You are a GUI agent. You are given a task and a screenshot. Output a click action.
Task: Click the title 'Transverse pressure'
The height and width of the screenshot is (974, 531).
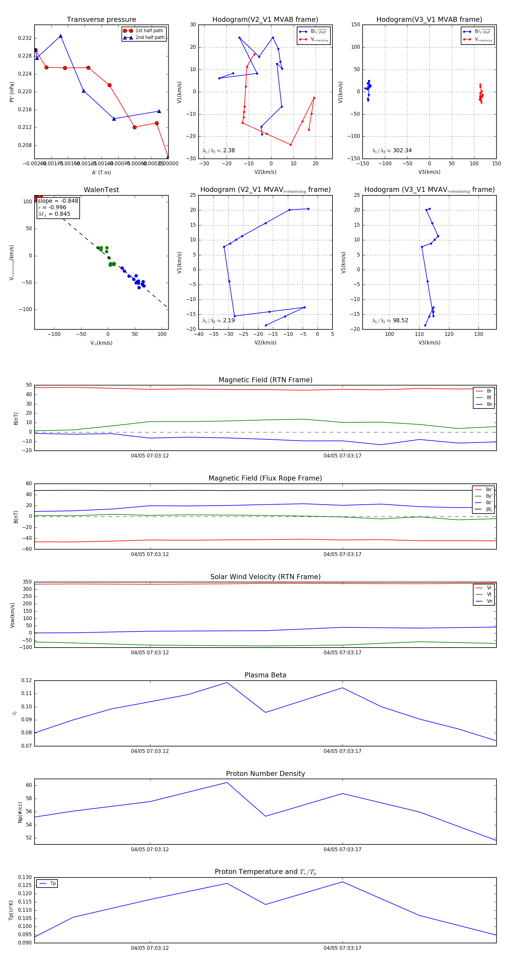click(101, 20)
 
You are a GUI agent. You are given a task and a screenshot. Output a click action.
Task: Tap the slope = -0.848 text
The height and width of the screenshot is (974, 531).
click(58, 201)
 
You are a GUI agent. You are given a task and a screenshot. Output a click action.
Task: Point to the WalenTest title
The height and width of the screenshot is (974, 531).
click(101, 190)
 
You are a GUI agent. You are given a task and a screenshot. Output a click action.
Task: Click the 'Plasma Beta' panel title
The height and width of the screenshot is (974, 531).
click(265, 675)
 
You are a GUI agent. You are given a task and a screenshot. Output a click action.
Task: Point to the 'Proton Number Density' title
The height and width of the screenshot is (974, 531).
click(265, 774)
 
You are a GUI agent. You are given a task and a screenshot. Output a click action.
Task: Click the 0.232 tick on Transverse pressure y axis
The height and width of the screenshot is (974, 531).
click(25, 38)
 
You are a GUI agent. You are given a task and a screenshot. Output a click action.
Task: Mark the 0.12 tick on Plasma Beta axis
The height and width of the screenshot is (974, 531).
click(27, 681)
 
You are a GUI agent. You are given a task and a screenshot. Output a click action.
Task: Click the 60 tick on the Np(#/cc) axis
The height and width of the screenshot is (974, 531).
click(29, 785)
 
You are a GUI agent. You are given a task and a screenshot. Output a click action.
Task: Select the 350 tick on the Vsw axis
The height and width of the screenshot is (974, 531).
click(27, 582)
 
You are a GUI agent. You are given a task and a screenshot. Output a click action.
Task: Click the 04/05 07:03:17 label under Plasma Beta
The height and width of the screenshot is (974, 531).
click(342, 751)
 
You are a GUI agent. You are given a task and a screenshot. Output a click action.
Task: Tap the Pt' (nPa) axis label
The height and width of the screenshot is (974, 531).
click(12, 92)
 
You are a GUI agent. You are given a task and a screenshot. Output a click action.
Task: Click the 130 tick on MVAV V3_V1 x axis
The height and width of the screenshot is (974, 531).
click(478, 334)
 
